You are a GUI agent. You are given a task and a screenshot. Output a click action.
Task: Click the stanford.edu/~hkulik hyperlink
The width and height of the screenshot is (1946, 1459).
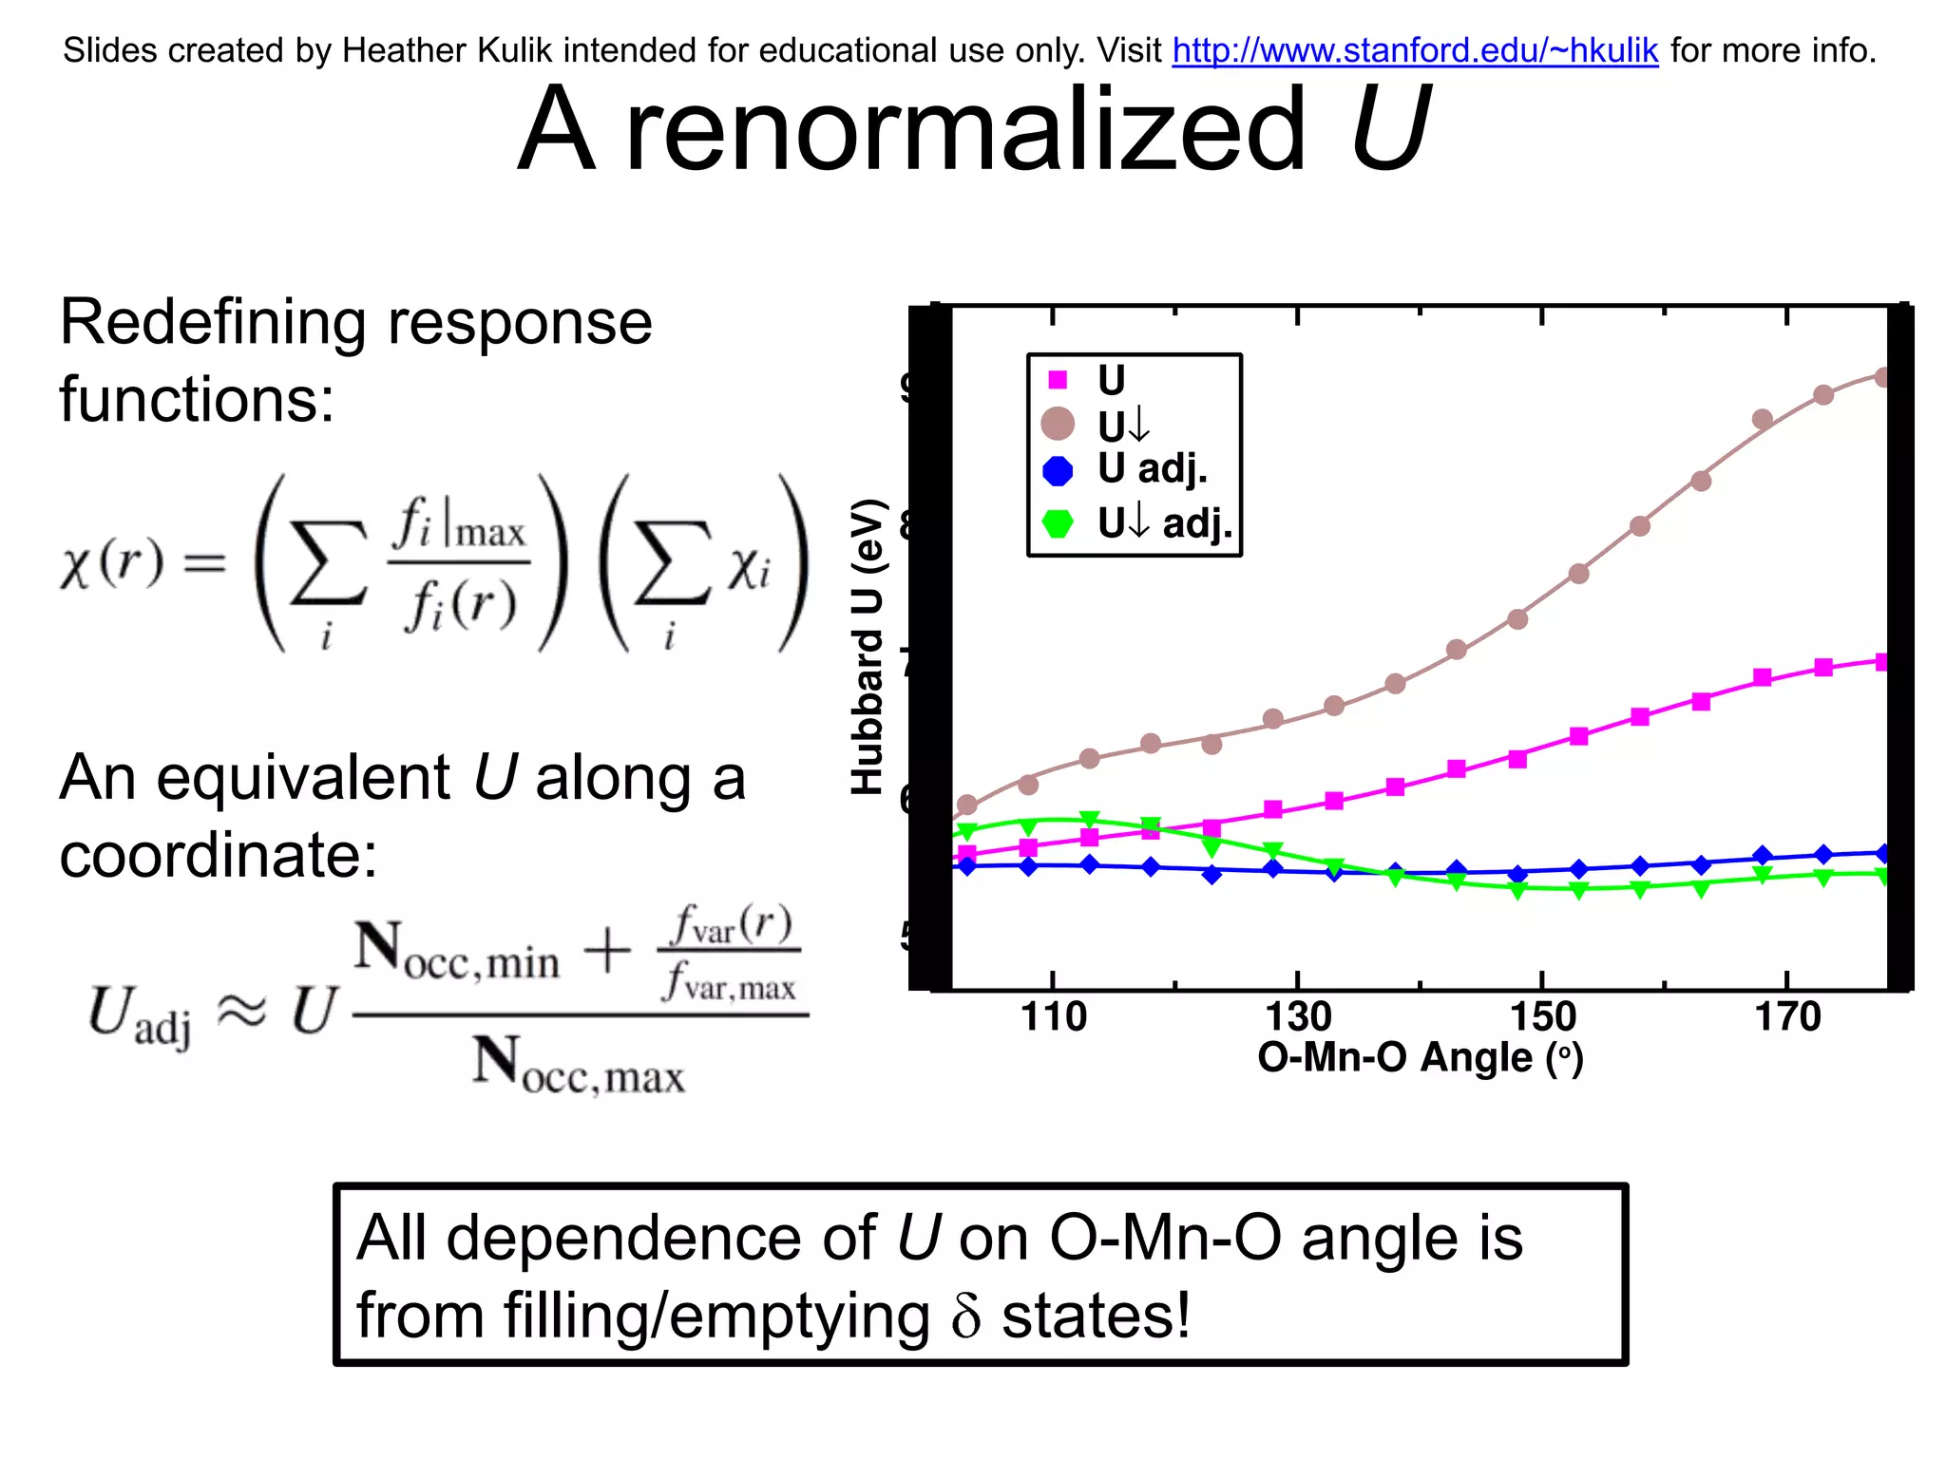(1415, 50)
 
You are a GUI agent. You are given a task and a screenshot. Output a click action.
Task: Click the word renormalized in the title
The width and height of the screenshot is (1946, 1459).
(966, 129)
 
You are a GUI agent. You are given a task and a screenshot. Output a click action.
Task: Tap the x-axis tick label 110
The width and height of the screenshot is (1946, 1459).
(1053, 1017)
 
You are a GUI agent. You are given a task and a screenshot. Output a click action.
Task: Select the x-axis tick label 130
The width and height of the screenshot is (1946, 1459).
(1298, 1017)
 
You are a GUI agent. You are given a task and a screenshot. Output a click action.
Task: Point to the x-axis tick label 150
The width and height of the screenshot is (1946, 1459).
(1542, 1017)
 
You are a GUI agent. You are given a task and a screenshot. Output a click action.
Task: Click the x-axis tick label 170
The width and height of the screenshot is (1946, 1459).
(1787, 1017)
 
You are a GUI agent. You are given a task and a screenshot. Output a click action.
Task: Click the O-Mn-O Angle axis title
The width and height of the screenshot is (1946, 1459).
(1421, 1058)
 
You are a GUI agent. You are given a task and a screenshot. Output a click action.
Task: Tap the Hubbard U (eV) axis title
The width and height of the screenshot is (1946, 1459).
(868, 646)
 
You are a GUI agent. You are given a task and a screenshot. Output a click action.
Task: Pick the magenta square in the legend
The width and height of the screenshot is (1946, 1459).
(1058, 380)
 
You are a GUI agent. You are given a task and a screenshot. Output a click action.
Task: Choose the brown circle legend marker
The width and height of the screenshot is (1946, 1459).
(1058, 424)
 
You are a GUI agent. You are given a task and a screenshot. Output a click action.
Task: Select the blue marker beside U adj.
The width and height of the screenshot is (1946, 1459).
(1058, 470)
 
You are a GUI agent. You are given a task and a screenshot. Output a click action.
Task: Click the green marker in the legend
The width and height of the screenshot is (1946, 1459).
(1058, 523)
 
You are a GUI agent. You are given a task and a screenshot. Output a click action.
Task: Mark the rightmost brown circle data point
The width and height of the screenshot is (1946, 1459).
(1883, 378)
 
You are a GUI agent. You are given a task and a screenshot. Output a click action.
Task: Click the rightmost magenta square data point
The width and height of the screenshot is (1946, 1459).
(1883, 662)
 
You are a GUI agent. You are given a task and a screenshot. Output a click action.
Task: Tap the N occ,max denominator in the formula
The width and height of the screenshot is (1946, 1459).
(579, 1065)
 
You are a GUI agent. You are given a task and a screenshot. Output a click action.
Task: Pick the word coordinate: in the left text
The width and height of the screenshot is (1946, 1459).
(218, 855)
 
